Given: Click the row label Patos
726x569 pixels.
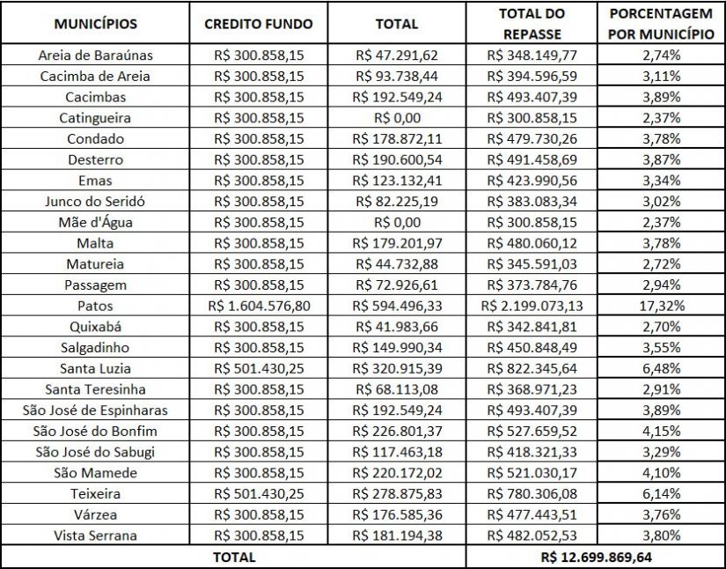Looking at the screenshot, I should (x=95, y=306).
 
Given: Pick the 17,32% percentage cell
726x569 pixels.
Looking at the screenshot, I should (x=662, y=306).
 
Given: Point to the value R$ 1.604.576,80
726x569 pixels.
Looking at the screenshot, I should (x=258, y=306).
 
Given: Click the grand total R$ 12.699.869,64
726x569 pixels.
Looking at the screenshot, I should (x=596, y=557).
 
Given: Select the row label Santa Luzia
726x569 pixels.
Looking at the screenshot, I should (x=95, y=368).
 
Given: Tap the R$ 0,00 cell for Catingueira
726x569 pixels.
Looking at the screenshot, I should (x=397, y=117).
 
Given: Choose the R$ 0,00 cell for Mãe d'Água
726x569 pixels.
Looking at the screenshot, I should (x=397, y=222).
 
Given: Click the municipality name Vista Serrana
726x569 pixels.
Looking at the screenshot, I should (x=95, y=536).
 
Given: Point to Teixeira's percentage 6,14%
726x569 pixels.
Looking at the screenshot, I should (x=662, y=494).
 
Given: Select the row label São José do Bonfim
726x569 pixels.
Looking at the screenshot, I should (x=95, y=431).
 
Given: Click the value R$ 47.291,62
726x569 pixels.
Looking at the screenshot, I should (x=397, y=55).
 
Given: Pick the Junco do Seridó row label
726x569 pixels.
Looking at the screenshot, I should (x=95, y=201).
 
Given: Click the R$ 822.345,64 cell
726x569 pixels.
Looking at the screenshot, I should (x=532, y=368).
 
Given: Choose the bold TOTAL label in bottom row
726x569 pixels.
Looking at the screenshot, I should (x=233, y=557).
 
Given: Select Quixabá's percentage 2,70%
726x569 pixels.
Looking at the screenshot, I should (x=662, y=327).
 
